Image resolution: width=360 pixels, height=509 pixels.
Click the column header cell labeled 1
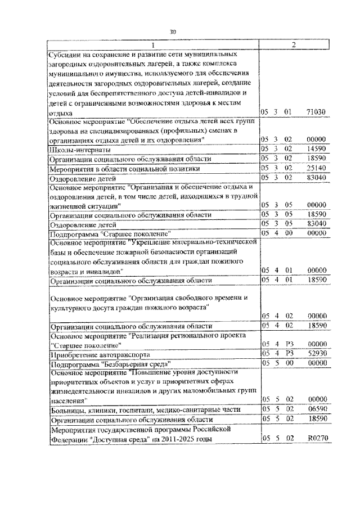[152, 45]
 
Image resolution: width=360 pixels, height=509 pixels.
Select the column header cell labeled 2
[295, 45]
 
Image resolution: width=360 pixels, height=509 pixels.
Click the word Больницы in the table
[67, 410]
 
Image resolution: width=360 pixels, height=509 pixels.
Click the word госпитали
[138, 410]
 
